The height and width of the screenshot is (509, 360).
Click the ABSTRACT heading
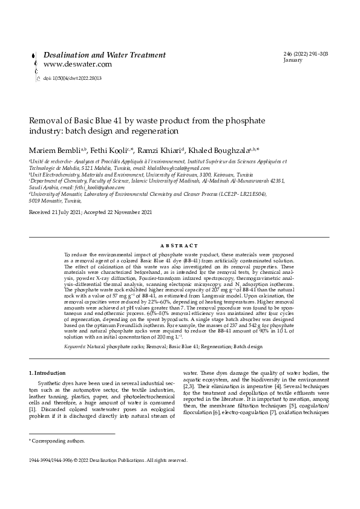(x=180, y=246)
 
